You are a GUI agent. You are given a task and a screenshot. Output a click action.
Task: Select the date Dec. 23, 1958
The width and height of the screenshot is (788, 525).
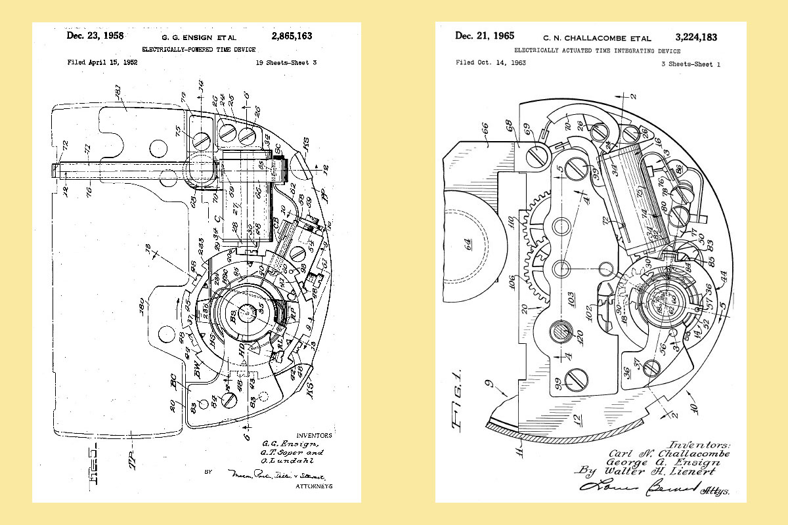tap(95, 35)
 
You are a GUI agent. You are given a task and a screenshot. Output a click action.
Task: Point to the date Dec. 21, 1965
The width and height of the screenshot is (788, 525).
tap(485, 36)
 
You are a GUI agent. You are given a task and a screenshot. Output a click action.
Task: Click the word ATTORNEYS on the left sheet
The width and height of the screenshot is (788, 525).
tap(314, 486)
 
